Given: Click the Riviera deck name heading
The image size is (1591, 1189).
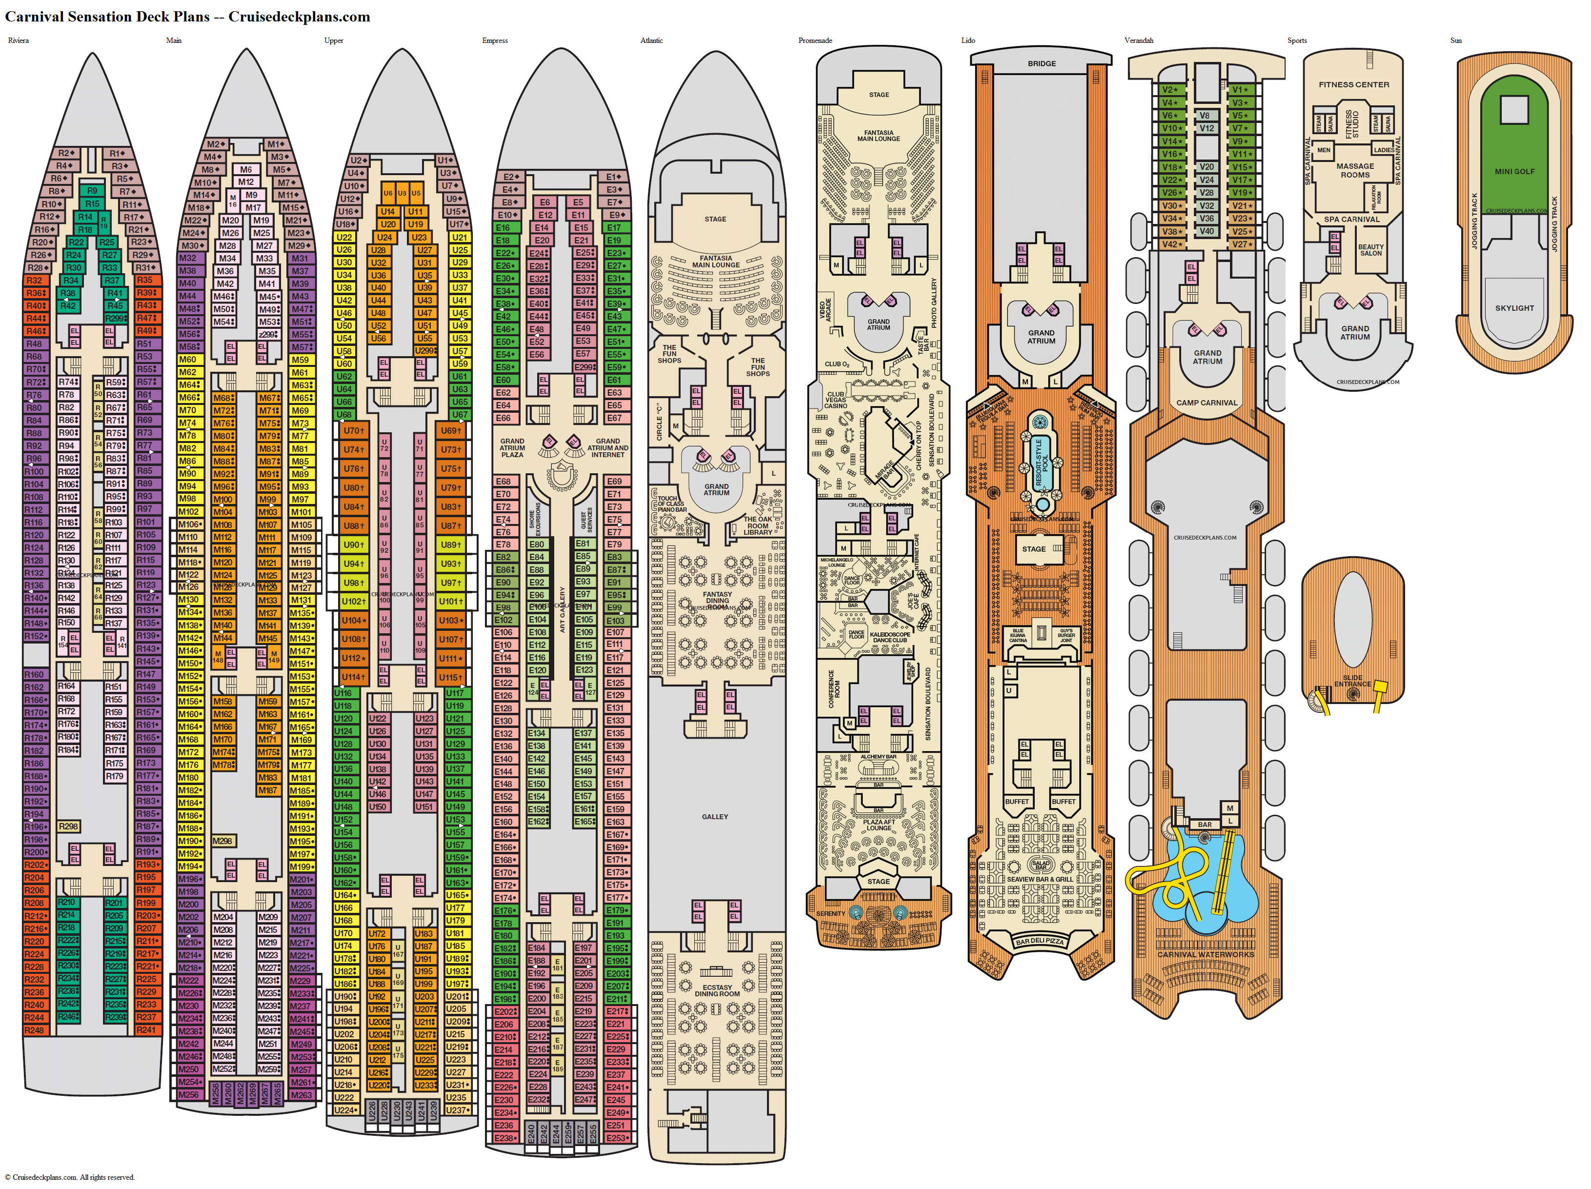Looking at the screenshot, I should pyautogui.click(x=19, y=40).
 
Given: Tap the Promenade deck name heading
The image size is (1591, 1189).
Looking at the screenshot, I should pyautogui.click(x=815, y=40).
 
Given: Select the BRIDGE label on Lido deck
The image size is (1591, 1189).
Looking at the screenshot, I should pyautogui.click(x=1042, y=63).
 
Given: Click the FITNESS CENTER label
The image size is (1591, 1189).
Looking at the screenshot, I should pyautogui.click(x=1354, y=84).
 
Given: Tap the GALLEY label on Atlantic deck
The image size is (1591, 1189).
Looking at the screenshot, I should pyautogui.click(x=715, y=816).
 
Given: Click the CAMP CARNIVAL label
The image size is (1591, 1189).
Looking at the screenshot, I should pyautogui.click(x=1207, y=403).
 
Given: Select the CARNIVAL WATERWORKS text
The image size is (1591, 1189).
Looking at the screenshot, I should pyautogui.click(x=1206, y=954).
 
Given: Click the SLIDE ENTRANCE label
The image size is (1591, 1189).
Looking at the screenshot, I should pyautogui.click(x=1352, y=681).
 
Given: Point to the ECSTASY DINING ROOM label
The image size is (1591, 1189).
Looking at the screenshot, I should pyautogui.click(x=717, y=990).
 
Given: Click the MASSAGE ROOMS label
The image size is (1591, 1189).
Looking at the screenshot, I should pyautogui.click(x=1355, y=170).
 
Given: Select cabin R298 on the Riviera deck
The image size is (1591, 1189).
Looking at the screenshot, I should pyautogui.click(x=68, y=826).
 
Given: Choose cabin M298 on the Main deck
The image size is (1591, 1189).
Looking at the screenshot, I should pyautogui.click(x=222, y=841).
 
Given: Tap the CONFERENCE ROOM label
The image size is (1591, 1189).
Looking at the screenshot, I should pyautogui.click(x=834, y=688).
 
